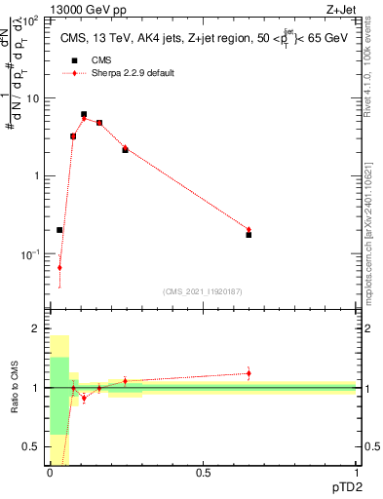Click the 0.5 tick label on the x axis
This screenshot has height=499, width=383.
pos(203,472)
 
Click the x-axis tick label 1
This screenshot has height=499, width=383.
pos(356,472)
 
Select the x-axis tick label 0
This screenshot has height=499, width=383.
pos(50,472)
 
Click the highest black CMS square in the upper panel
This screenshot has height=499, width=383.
pos(84,115)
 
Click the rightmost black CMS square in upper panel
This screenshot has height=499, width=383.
pos(249,235)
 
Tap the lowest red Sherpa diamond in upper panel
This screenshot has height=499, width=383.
pos(59,267)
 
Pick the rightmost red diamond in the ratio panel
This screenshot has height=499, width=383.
pos(249,373)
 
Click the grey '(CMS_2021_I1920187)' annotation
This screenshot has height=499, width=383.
pos(203,291)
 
